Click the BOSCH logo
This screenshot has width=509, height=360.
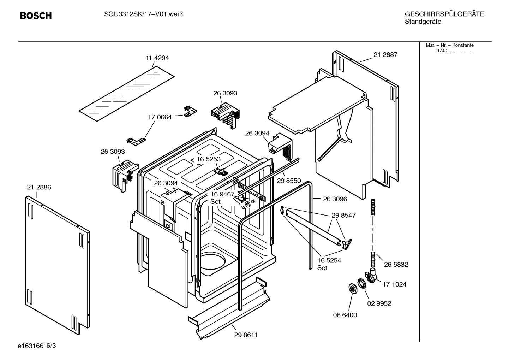tap(36, 16)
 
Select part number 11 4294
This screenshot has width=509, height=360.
tap(157, 58)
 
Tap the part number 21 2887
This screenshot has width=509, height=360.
tap(385, 55)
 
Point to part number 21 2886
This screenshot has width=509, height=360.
tap(39, 187)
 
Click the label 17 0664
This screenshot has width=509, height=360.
tap(160, 117)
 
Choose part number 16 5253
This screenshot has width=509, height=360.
tap(208, 159)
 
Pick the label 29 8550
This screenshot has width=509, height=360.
tap(289, 181)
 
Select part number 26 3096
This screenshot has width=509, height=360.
tap(335, 199)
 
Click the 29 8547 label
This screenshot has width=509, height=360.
tap(343, 215)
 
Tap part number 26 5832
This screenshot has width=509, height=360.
tap(396, 265)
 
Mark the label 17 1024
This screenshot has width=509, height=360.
tap(394, 284)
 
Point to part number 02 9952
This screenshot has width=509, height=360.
tap(379, 303)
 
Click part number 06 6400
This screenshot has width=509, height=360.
tap(345, 315)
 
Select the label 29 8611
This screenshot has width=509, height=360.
tap(246, 335)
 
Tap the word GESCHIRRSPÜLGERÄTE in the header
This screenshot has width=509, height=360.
tap(444, 14)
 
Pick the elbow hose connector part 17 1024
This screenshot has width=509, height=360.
tap(371, 276)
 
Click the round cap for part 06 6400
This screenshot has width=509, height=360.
tap(352, 288)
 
